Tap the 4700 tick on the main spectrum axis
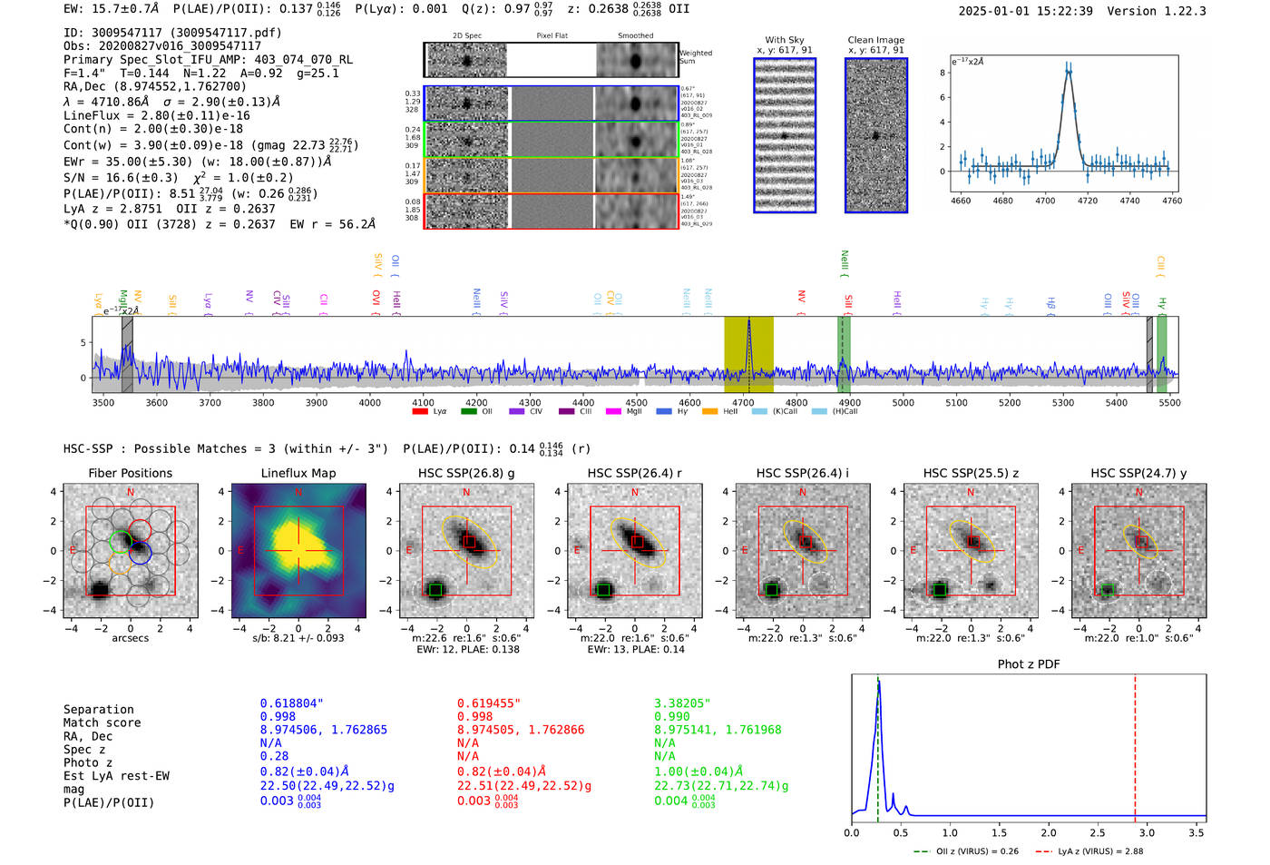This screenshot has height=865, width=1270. (x=743, y=402)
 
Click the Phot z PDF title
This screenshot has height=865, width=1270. (x=1029, y=664)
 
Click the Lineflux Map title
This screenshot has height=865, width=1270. (x=298, y=473)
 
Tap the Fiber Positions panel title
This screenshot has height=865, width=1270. (x=131, y=473)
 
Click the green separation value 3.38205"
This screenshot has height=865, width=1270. (x=682, y=703)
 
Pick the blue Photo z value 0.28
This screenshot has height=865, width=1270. (x=274, y=756)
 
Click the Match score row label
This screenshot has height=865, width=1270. (x=102, y=722)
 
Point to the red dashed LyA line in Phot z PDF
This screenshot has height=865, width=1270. (x=1135, y=744)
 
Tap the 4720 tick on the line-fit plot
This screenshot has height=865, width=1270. (x=1087, y=201)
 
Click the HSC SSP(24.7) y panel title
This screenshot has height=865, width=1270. (x=1138, y=473)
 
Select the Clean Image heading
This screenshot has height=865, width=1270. (x=875, y=40)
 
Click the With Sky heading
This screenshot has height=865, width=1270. (x=784, y=40)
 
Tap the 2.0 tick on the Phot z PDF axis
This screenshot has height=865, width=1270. (x=1049, y=832)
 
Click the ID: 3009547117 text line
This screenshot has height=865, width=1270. (x=172, y=33)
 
